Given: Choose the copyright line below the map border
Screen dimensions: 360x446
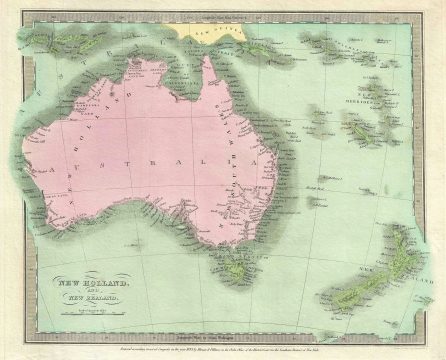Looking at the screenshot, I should (x=222, y=350).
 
